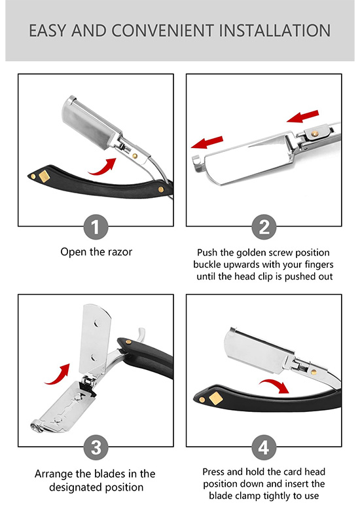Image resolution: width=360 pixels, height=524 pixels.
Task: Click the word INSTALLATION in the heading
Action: [x=274, y=31]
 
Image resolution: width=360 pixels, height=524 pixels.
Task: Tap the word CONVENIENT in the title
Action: [x=162, y=31]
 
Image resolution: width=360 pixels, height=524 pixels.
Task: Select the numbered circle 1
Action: [x=96, y=227]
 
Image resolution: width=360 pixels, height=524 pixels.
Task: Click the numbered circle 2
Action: [x=264, y=227]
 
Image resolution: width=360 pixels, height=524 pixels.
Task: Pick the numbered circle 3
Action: [x=96, y=447]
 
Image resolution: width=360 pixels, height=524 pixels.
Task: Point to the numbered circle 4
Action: [x=264, y=447]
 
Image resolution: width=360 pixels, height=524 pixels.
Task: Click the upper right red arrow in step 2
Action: [x=303, y=117]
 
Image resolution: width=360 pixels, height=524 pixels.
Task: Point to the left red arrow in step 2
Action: [x=207, y=142]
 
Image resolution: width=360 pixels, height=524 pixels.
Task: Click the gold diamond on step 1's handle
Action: [x=44, y=176]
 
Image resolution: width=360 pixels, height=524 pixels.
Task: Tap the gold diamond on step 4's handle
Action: [x=215, y=398]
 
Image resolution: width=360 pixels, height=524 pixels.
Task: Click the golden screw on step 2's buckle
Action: [x=315, y=134]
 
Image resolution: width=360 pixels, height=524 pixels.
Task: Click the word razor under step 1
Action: [x=120, y=252]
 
